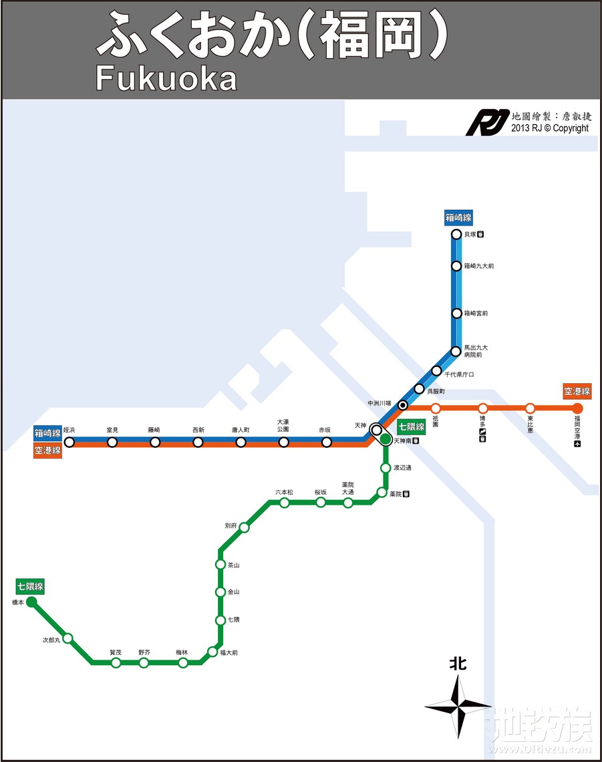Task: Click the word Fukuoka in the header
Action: coord(166,78)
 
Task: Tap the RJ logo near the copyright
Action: coord(487,122)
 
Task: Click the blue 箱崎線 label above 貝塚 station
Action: coord(458,217)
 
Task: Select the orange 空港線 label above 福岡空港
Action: coord(577,391)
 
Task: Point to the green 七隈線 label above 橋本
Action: coord(31,587)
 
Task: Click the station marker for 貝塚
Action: coord(456,235)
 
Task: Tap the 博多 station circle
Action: coord(482,408)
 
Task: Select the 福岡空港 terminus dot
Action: coord(577,408)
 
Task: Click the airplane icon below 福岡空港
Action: coord(577,444)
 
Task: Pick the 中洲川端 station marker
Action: coord(403,405)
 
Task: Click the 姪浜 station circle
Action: coord(69,442)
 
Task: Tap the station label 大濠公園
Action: coord(283,425)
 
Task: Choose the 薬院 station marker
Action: coord(382,493)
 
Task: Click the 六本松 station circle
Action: coord(284,503)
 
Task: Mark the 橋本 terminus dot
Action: coord(31,602)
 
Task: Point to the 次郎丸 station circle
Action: coord(67,638)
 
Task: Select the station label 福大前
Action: coord(229,652)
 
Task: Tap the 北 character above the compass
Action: coord(458,664)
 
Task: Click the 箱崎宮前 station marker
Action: coord(456,313)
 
